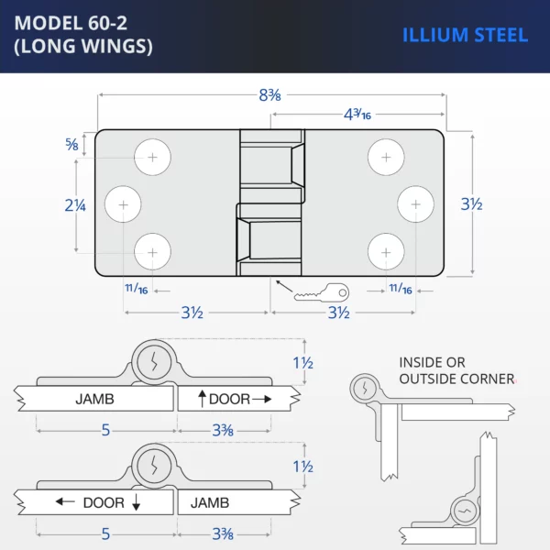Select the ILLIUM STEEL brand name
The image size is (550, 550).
465,36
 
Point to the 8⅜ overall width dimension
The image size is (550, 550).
269,94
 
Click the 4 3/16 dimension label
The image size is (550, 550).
357,115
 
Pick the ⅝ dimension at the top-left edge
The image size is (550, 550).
71,143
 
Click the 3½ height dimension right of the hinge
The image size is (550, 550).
471,204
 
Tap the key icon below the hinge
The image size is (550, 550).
322,293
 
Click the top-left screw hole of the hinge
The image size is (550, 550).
153,158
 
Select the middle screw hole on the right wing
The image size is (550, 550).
415,203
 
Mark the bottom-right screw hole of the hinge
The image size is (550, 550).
386,251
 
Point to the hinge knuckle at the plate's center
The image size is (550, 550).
271,203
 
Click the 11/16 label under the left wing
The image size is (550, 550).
136,290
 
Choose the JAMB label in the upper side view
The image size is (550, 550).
94,400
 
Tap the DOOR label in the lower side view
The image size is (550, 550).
104,502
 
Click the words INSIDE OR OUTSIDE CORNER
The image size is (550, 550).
456,371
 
